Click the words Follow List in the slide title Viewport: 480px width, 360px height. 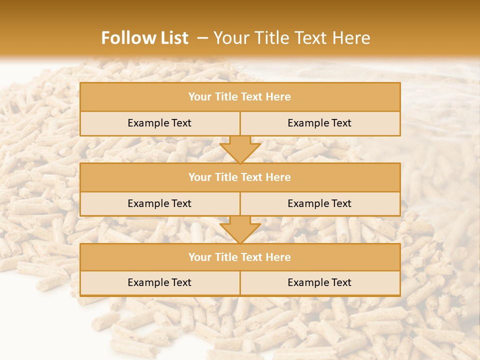pos(144,38)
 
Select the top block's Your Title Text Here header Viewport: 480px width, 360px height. pos(239,97)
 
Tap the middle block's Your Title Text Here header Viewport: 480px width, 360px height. pos(239,177)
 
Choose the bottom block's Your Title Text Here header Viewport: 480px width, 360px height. pos(239,257)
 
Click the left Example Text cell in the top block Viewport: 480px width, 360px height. pos(159,123)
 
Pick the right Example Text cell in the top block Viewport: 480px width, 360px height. pos(319,123)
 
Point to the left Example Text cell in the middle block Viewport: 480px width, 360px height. pos(159,204)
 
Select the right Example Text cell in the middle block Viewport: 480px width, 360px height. pos(319,204)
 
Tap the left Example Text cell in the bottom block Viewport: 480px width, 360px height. pos(159,283)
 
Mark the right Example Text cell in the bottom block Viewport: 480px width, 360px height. pos(319,283)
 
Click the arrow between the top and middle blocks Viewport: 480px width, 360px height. pos(240,149)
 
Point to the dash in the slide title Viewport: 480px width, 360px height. pos(202,38)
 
